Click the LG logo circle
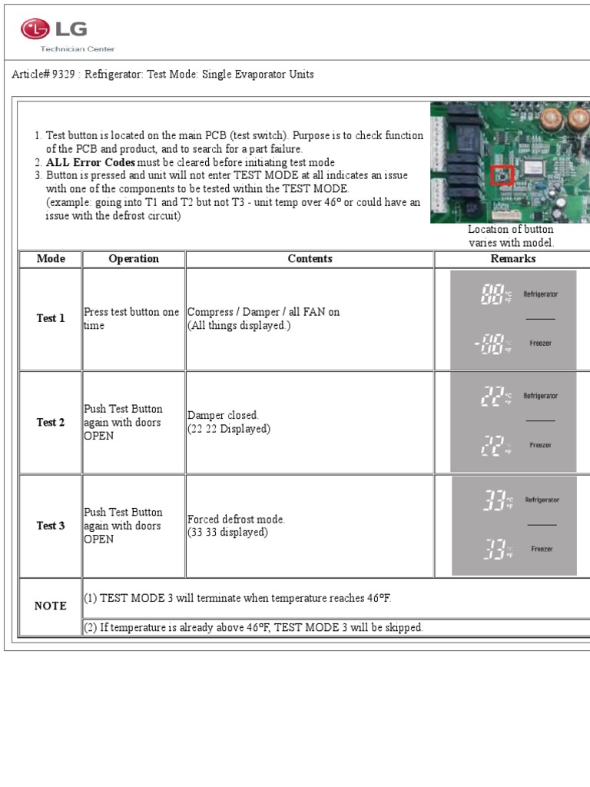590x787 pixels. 34,30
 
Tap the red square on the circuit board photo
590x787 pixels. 502,175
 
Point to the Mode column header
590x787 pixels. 51,259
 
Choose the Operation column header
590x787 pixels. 134,259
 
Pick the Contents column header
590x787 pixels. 310,259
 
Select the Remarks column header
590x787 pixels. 512,259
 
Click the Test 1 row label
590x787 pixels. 51,318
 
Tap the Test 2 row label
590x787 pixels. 51,423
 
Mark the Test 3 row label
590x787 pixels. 51,526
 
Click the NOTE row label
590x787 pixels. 51,606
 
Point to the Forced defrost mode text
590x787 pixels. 237,520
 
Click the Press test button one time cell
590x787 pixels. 131,319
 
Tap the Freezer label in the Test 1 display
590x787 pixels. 541,344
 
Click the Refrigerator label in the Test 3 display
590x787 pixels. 542,500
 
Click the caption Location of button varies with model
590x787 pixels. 511,236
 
